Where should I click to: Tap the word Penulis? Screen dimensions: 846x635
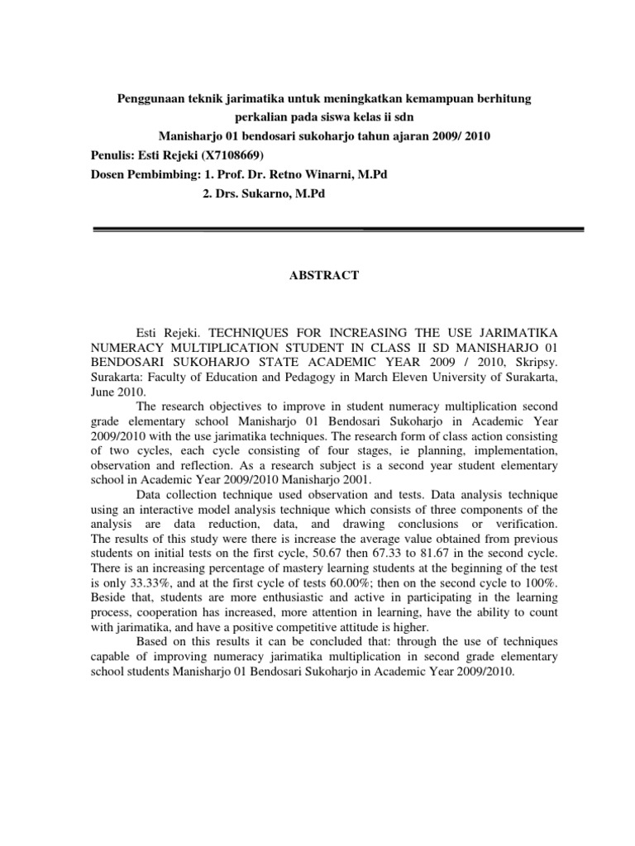111,154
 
